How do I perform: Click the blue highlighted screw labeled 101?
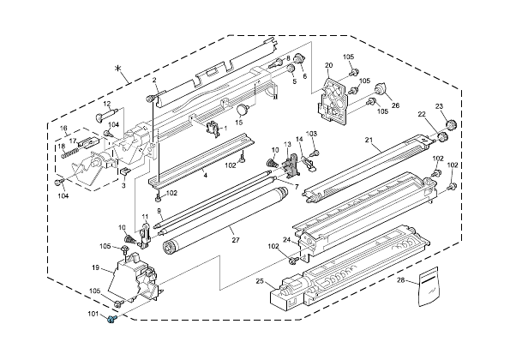pyautogui.click(x=112, y=320)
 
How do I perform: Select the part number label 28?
pyautogui.click(x=401, y=279)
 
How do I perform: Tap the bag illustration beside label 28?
pyautogui.click(x=429, y=286)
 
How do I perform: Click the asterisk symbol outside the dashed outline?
pyautogui.click(x=118, y=68)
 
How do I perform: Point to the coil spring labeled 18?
pyautogui.click(x=69, y=153)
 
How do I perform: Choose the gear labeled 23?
pyautogui.click(x=452, y=124)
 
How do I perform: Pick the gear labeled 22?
pyautogui.click(x=442, y=137)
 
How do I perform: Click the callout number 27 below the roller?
pyautogui.click(x=236, y=240)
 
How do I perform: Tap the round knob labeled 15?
pyautogui.click(x=243, y=110)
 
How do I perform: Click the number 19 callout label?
pyautogui.click(x=95, y=267)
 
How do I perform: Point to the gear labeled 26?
pyautogui.click(x=380, y=89)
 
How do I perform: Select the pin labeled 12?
pyautogui.click(x=105, y=116)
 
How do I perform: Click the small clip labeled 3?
pyautogui.click(x=125, y=171)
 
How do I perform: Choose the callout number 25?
pyautogui.click(x=260, y=281)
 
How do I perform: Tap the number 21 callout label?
pyautogui.click(x=369, y=140)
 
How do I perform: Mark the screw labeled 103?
pyautogui.click(x=315, y=153)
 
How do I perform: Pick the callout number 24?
pyautogui.click(x=286, y=240)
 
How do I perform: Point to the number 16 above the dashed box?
pyautogui.click(x=63, y=128)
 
